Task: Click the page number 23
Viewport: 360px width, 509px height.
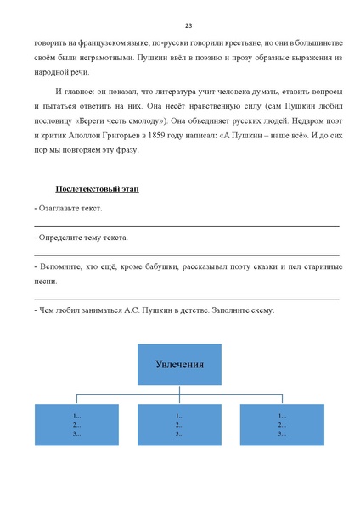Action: click(188, 25)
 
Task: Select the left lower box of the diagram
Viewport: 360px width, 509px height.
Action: click(77, 424)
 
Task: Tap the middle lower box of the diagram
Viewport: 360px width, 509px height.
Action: click(180, 424)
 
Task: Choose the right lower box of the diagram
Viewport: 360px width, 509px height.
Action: click(283, 424)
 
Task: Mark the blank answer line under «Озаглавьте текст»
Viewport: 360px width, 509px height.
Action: click(187, 225)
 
